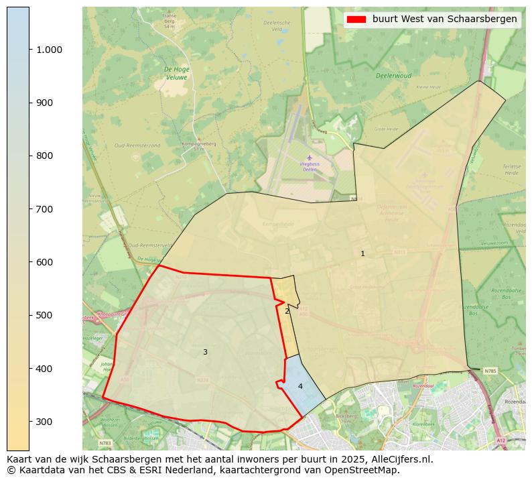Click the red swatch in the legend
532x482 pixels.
pos(356,19)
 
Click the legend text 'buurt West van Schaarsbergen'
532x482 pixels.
pos(444,19)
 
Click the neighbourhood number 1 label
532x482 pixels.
pos(362,254)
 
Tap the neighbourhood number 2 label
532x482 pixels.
pos(287,311)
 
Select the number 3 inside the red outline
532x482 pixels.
pos(205,353)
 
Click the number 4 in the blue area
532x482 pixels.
pos(300,387)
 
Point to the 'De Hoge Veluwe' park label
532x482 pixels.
pos(177,72)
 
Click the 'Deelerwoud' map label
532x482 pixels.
pos(393,76)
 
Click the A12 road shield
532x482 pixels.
pos(501,440)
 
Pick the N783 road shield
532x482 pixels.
pos(105,443)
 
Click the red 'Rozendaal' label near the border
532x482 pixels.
pos(423,386)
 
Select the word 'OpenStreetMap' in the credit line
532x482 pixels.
pos(365,471)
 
